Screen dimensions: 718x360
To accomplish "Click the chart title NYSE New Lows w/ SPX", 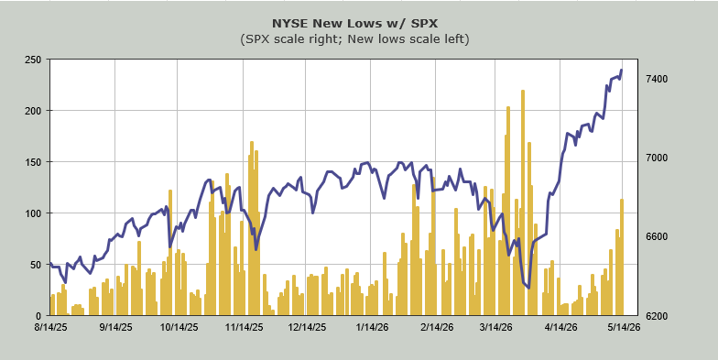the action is click(354, 24).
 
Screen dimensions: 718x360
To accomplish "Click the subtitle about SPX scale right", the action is click(355, 39).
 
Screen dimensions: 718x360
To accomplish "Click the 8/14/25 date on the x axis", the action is click(50, 328).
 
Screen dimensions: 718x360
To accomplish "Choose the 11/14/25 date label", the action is click(244, 328).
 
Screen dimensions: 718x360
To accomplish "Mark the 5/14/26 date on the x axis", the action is click(623, 328).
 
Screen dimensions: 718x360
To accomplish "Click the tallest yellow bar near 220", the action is click(522, 203).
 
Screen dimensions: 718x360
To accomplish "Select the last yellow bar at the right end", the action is click(622, 257).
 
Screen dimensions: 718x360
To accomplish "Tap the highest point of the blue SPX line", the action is click(621, 70).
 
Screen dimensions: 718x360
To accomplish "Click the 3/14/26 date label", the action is click(495, 328).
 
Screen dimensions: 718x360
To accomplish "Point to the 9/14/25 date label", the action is click(115, 328).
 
